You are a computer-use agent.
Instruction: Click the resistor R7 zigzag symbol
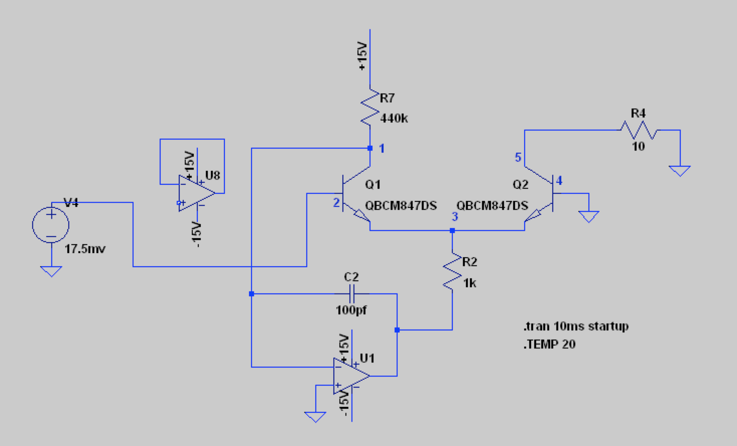click(370, 107)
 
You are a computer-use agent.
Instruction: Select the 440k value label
click(394, 119)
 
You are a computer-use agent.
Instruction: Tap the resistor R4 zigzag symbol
click(638, 130)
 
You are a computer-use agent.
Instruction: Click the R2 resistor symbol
click(452, 271)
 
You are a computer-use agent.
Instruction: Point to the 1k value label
click(469, 283)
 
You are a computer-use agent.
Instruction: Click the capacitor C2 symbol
click(351, 293)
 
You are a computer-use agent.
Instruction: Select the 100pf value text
click(351, 310)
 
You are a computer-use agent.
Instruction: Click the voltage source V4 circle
click(51, 225)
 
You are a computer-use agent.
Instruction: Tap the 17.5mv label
click(85, 249)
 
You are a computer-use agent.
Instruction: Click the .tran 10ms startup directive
click(575, 326)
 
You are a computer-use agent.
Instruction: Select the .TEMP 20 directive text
click(549, 345)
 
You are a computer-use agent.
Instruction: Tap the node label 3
click(455, 217)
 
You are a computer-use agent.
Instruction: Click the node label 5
click(518, 157)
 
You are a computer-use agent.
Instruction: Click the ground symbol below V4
click(51, 271)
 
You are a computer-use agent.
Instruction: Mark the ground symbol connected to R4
click(680, 171)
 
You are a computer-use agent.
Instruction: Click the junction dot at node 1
click(370, 148)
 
